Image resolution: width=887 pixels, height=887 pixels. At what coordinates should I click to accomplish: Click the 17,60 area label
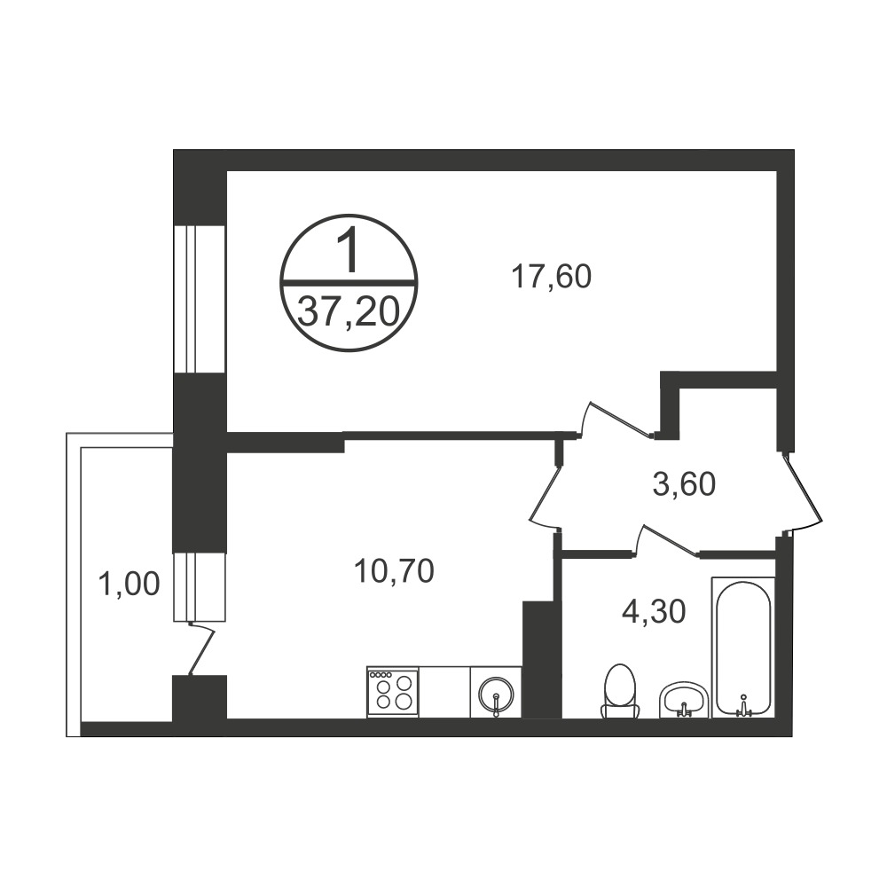(x=551, y=277)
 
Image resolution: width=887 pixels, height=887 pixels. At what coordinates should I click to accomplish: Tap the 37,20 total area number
(x=349, y=313)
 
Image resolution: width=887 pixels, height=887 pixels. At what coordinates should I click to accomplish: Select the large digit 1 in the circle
(x=349, y=251)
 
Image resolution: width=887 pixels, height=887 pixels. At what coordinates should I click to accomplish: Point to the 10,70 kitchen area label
(x=394, y=570)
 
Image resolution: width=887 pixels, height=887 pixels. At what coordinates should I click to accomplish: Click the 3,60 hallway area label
(x=685, y=484)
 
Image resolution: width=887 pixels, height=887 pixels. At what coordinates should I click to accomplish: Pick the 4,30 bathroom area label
(x=654, y=611)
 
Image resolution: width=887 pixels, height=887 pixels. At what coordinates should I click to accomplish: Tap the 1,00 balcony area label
(x=129, y=584)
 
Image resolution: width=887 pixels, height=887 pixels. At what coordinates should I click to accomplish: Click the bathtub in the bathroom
(x=742, y=648)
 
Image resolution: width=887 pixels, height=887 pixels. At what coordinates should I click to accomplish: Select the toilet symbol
(x=621, y=691)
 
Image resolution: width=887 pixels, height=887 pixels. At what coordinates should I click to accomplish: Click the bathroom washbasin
(x=683, y=700)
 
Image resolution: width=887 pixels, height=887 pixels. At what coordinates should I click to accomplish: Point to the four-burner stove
(x=393, y=693)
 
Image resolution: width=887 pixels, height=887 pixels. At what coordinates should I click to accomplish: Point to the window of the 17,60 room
(x=199, y=299)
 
